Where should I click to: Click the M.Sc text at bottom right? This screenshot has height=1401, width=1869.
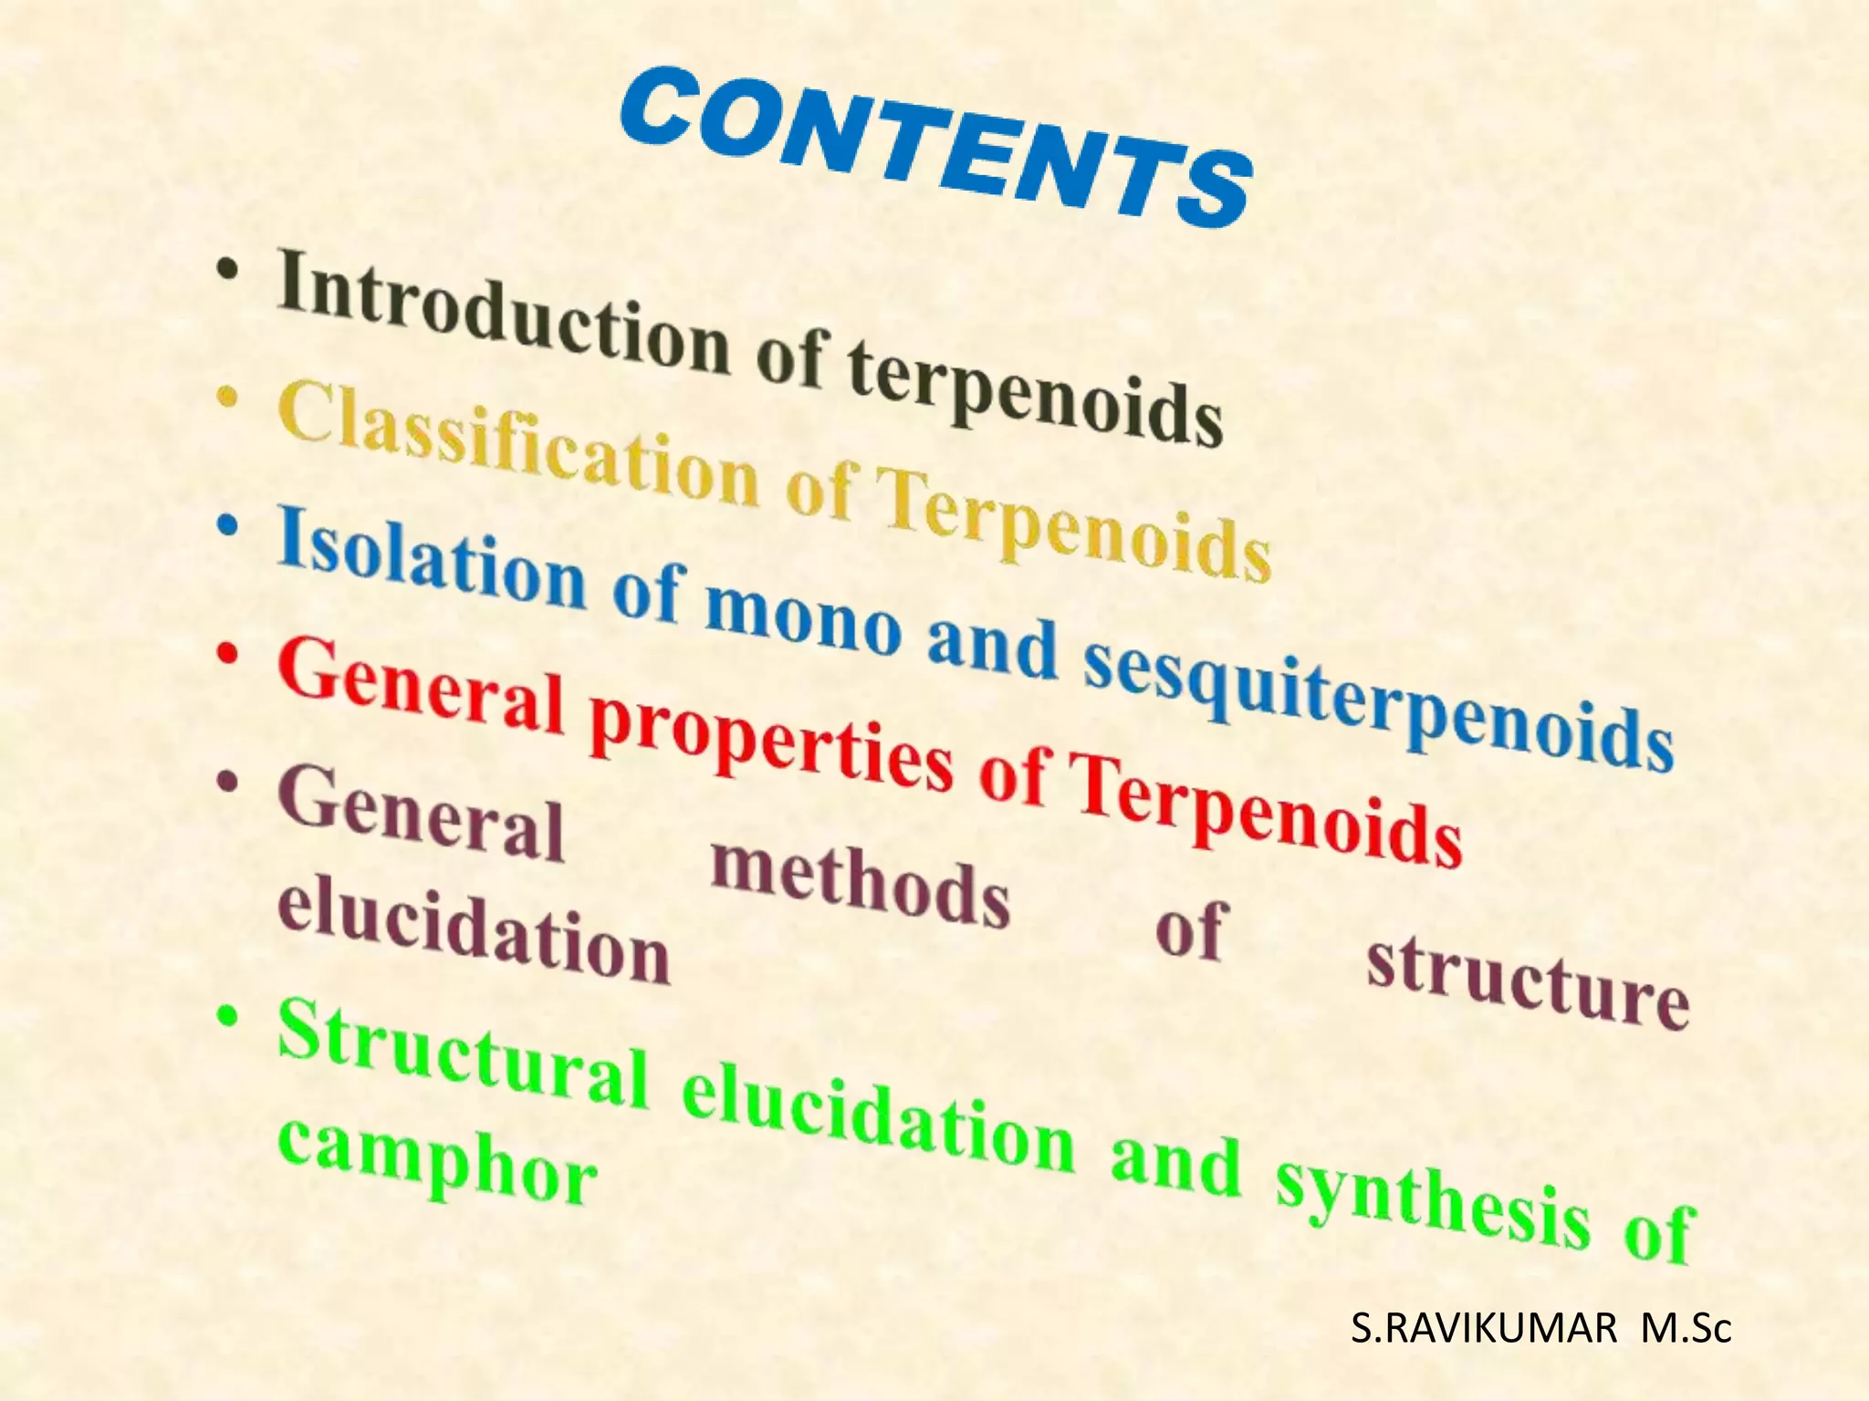click(x=1686, y=1330)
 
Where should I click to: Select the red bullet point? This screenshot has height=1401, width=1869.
click(x=227, y=654)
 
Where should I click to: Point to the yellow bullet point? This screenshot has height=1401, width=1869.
click(x=227, y=398)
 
